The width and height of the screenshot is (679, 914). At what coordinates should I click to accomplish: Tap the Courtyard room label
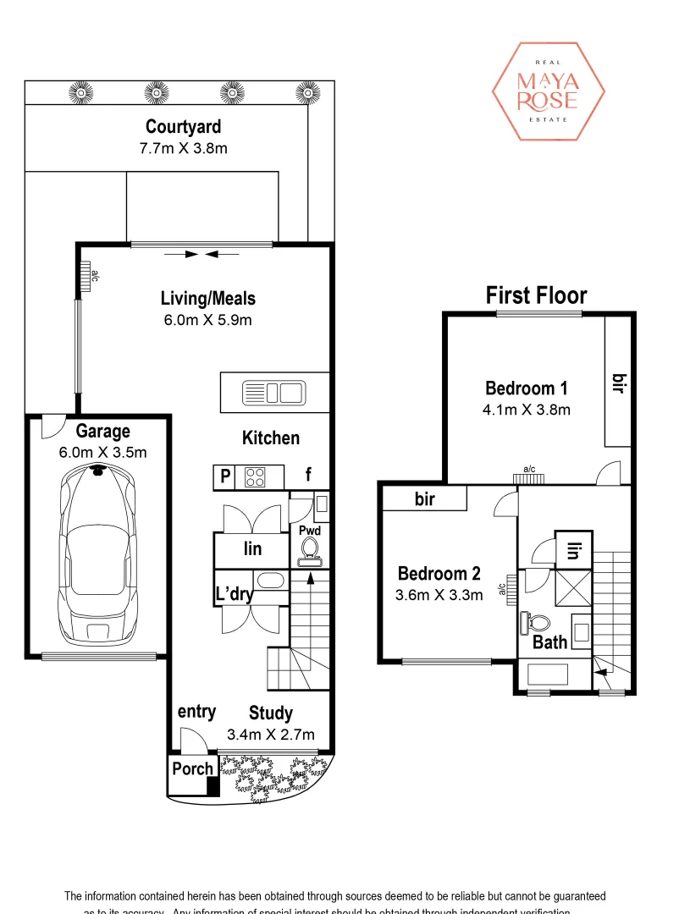[x=183, y=127]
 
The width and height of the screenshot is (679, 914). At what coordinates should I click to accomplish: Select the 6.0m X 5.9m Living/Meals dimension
[x=207, y=319]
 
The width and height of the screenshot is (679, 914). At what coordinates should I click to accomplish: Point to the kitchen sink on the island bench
[x=273, y=393]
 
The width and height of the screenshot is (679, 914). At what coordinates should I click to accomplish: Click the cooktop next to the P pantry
[x=255, y=477]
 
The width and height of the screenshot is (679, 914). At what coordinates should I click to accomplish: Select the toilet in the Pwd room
[x=309, y=551]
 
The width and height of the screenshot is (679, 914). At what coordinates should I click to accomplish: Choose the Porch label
[x=192, y=769]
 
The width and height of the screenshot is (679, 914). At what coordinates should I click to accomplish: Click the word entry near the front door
[x=196, y=713]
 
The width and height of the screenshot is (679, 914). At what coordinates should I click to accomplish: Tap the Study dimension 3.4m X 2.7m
[x=270, y=734]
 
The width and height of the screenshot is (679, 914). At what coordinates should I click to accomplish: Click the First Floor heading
[x=536, y=295]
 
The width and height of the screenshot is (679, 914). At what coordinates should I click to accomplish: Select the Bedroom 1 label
[x=526, y=388]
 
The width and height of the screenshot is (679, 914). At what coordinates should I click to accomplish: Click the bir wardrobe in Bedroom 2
[x=424, y=499]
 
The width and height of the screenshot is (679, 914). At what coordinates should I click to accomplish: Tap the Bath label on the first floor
[x=549, y=642]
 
